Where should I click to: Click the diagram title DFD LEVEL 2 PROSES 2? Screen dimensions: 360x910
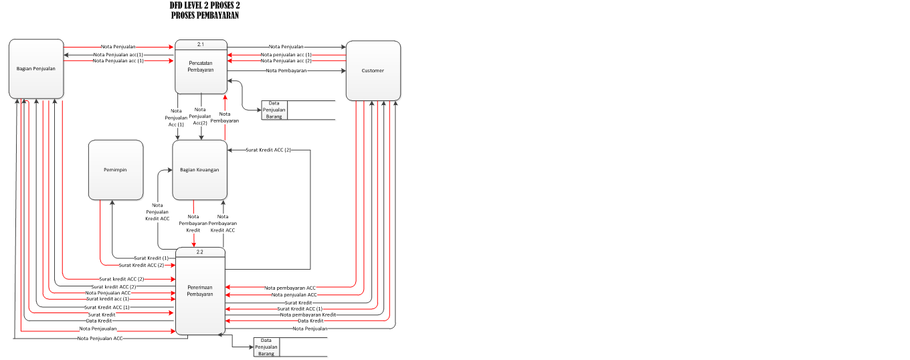pyautogui.click(x=204, y=5)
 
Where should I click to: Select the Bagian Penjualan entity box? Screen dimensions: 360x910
pyautogui.click(x=36, y=68)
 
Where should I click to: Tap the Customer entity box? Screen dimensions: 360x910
pyautogui.click(x=373, y=70)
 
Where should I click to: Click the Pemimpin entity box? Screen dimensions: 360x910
pyautogui.click(x=115, y=170)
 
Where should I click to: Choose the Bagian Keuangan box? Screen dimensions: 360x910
pyautogui.click(x=199, y=170)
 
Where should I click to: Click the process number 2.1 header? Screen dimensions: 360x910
pyautogui.click(x=201, y=44)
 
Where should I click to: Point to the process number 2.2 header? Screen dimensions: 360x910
pyautogui.click(x=200, y=252)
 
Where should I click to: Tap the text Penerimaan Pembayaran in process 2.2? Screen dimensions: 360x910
pyautogui.click(x=200, y=290)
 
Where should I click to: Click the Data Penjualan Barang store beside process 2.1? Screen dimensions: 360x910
pyautogui.click(x=274, y=110)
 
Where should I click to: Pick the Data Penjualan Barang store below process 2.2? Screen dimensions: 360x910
pyautogui.click(x=266, y=347)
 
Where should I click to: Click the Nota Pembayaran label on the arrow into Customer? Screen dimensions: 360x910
pyautogui.click(x=286, y=70)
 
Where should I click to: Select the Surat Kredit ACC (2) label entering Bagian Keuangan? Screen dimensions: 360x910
pyautogui.click(x=268, y=150)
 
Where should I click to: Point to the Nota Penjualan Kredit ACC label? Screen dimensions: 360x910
pyautogui.click(x=158, y=212)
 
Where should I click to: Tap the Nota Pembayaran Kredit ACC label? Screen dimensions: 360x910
pyautogui.click(x=223, y=223)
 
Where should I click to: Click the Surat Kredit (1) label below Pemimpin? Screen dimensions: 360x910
pyautogui.click(x=151, y=258)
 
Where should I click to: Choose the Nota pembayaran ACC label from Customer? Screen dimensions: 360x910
pyautogui.click(x=290, y=287)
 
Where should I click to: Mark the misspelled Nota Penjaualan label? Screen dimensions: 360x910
pyautogui.click(x=98, y=329)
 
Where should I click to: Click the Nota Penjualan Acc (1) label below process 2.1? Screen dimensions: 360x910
pyautogui.click(x=177, y=118)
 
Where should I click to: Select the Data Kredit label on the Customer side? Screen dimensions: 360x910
pyautogui.click(x=310, y=321)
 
